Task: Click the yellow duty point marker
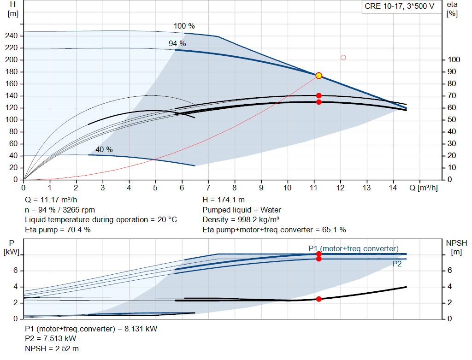click(x=319, y=76)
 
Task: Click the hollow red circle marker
click(x=343, y=58)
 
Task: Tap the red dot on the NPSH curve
click(x=319, y=299)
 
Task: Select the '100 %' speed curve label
click(x=184, y=26)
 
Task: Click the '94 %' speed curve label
click(x=177, y=44)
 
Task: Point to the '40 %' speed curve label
click(x=104, y=150)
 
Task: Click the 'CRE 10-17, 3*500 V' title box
click(x=400, y=6)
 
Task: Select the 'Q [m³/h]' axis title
click(x=423, y=188)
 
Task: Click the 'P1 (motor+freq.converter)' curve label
click(x=354, y=248)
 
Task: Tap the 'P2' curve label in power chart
click(x=397, y=264)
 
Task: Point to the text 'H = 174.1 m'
click(x=224, y=200)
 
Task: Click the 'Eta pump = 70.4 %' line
click(x=58, y=230)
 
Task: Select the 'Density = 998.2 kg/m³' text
click(x=241, y=220)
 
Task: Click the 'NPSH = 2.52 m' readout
click(x=52, y=349)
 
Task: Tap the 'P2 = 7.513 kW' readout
click(x=51, y=339)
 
